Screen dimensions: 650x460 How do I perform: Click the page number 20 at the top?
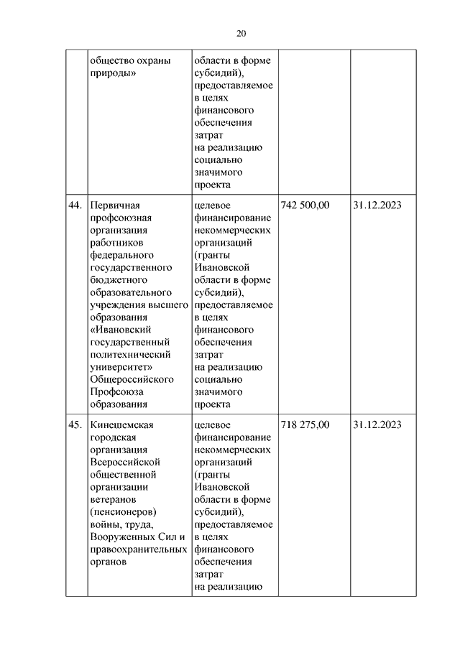click(240, 34)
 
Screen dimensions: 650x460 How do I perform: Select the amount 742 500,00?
click(305, 205)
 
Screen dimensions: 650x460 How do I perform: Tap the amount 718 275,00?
click(305, 424)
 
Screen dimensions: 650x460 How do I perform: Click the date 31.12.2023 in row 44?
click(377, 205)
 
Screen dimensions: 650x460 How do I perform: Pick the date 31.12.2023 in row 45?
click(377, 424)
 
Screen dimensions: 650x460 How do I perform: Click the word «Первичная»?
click(117, 205)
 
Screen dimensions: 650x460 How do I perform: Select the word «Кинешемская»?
click(123, 424)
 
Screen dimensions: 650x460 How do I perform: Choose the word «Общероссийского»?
click(132, 379)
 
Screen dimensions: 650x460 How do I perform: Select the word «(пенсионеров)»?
click(124, 511)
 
